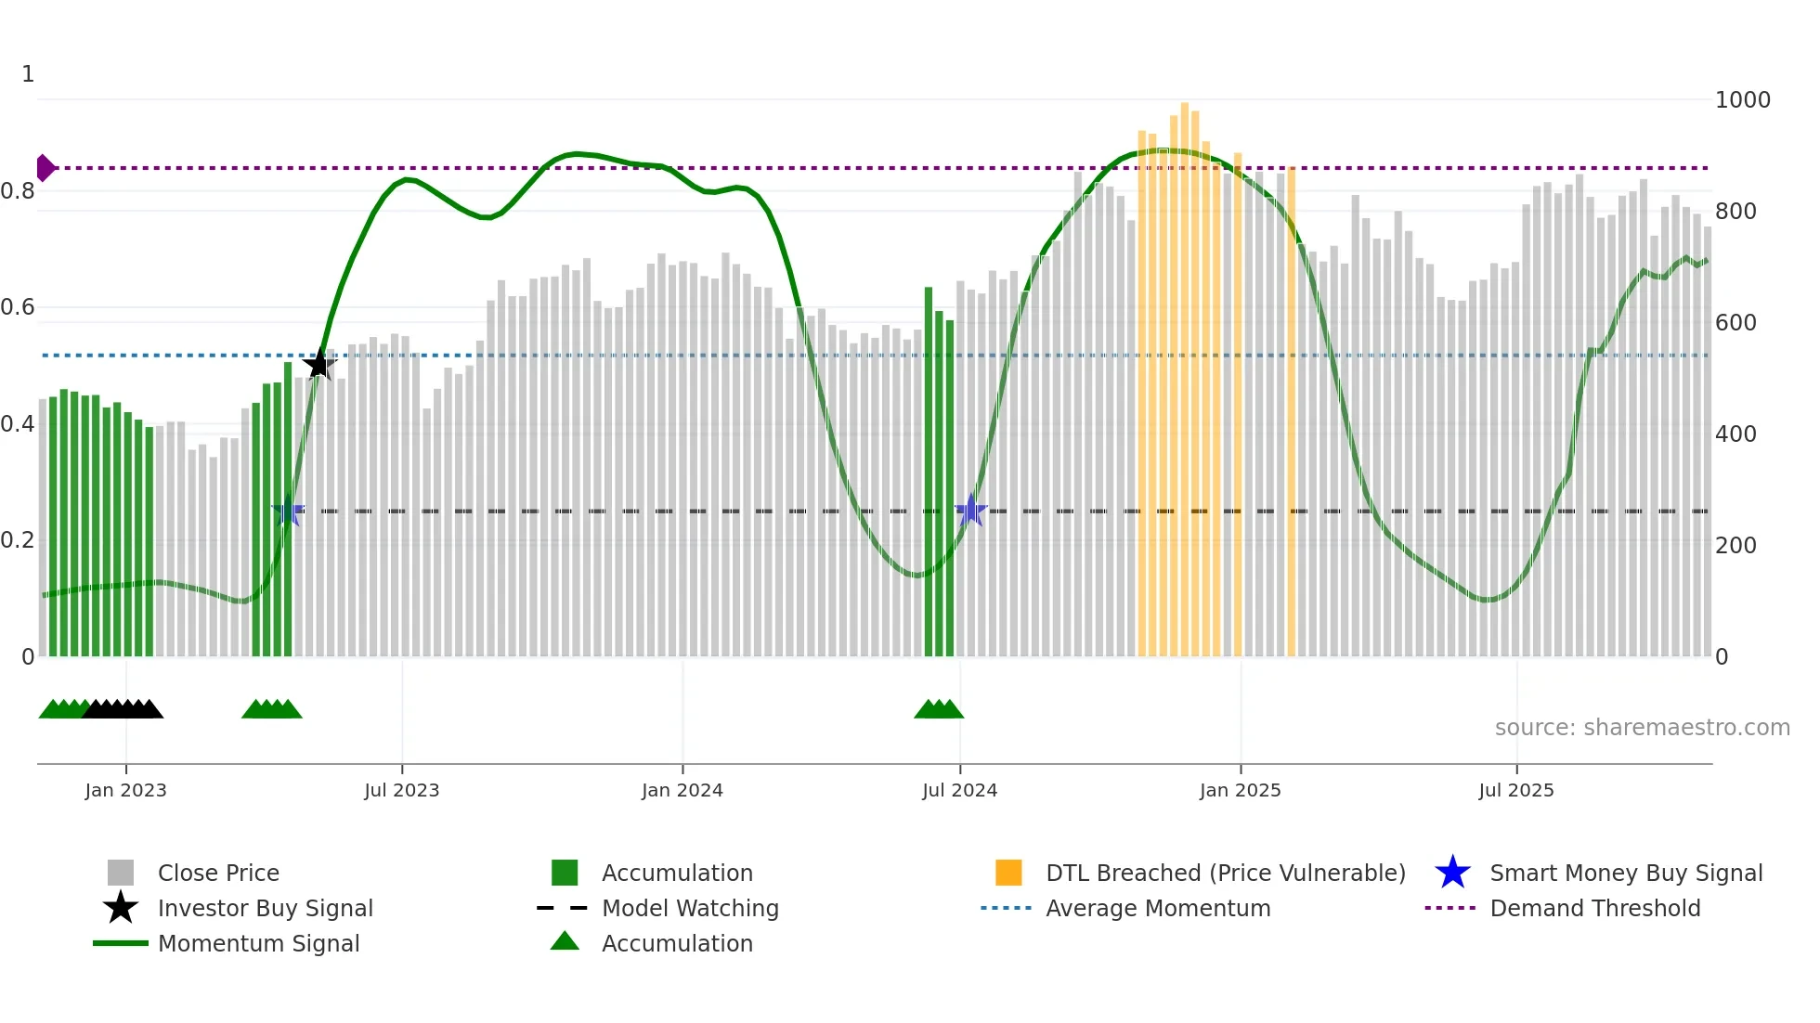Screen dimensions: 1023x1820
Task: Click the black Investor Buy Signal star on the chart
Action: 318,364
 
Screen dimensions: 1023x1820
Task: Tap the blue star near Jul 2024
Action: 970,511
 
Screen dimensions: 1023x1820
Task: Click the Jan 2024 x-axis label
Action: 682,790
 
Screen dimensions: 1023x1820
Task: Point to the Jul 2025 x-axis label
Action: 1515,790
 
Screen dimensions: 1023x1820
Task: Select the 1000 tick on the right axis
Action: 1742,100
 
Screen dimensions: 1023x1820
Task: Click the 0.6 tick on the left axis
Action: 19,307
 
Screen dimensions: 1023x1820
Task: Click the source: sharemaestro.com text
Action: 1642,728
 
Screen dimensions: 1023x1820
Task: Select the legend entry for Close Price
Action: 217,873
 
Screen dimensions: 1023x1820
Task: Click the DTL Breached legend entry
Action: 1225,873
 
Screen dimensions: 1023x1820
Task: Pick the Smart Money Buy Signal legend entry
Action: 1625,873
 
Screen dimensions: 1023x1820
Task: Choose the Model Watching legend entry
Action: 689,908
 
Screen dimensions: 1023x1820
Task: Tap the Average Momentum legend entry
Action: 1157,908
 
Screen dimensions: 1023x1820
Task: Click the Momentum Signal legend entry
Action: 258,943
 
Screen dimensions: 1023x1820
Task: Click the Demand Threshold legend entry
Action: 1594,908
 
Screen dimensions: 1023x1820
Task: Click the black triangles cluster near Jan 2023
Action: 123,709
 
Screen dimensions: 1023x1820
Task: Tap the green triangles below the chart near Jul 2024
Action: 939,709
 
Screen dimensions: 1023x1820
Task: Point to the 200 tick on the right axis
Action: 1735,546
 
